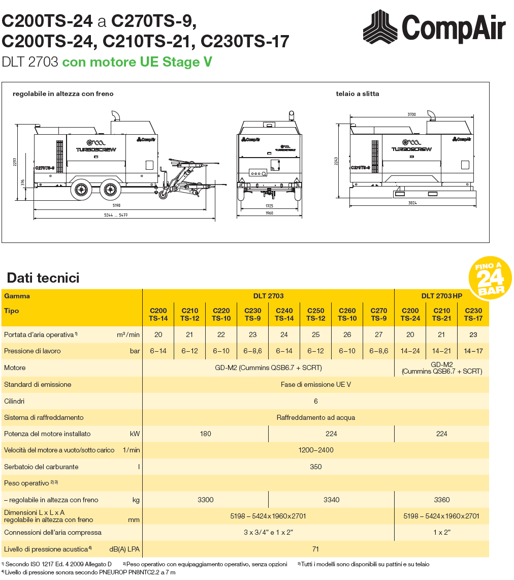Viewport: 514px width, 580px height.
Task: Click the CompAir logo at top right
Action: click(434, 27)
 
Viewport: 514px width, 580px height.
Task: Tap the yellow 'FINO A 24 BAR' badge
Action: click(490, 278)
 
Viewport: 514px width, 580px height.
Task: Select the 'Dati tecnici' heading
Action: click(43, 278)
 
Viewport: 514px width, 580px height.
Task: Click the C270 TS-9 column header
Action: click(379, 315)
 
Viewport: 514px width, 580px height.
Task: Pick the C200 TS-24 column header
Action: click(410, 315)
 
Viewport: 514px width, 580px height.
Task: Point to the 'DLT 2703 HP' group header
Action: click(441, 296)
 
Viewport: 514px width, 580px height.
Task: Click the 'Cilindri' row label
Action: click(14, 401)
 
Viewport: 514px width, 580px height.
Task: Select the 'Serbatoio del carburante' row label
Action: click(41, 467)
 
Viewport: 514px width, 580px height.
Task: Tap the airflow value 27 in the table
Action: click(379, 335)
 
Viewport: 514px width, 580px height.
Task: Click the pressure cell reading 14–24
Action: click(410, 351)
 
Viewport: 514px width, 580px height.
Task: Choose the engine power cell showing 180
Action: click(206, 434)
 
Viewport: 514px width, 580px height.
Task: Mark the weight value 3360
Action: click(441, 500)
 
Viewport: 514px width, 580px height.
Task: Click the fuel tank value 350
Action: click(315, 467)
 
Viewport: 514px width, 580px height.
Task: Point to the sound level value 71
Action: click(315, 549)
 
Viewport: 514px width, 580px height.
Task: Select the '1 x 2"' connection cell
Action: click(441, 533)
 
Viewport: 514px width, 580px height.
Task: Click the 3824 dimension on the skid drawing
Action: click(412, 203)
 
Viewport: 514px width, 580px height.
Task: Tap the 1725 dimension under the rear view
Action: click(269, 206)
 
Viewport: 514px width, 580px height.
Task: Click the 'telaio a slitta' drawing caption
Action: click(358, 94)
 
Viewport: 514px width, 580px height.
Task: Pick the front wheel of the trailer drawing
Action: click(110, 190)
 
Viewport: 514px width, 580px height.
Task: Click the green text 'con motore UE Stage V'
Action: click(137, 62)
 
